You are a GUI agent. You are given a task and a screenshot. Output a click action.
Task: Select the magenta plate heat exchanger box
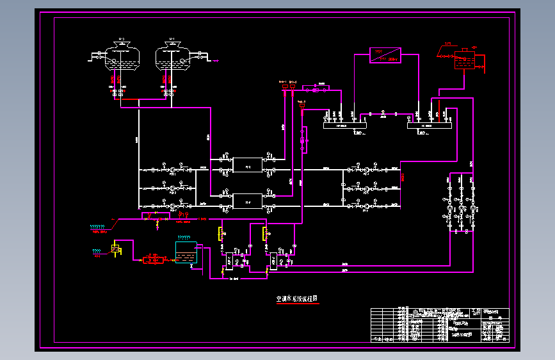(x=385, y=55)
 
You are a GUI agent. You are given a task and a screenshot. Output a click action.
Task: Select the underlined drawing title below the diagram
(x=297, y=299)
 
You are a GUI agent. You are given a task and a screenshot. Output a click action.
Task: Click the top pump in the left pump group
(x=172, y=170)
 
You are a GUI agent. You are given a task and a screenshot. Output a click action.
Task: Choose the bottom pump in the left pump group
(x=172, y=206)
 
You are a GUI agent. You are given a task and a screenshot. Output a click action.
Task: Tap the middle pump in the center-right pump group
(x=366, y=189)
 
